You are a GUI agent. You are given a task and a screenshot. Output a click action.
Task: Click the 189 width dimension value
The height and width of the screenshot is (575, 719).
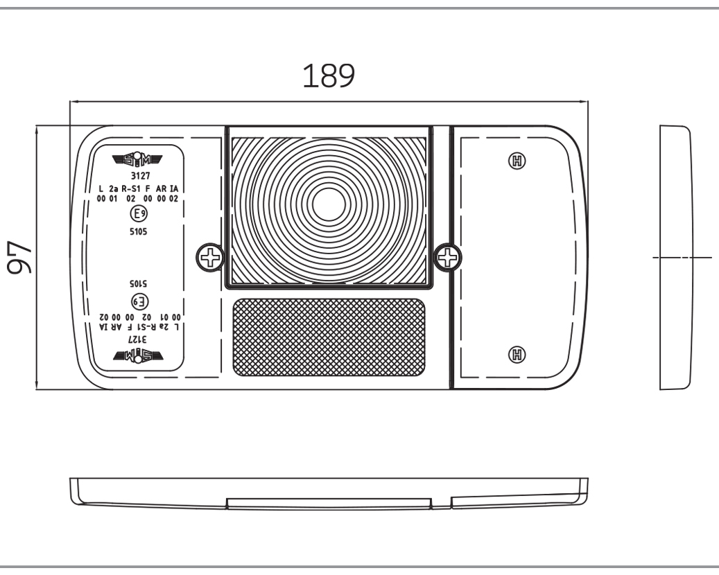(329, 77)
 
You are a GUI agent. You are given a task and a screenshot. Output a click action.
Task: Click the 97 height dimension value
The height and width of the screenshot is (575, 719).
(19, 257)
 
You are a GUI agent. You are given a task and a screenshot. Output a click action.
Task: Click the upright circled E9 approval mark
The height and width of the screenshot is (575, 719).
(138, 214)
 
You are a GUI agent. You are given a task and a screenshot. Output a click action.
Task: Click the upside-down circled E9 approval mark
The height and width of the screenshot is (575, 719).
(138, 301)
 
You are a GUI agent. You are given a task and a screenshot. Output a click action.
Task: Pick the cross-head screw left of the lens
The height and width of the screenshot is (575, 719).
(209, 258)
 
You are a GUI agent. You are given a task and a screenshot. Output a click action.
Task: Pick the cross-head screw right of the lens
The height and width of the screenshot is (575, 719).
(448, 258)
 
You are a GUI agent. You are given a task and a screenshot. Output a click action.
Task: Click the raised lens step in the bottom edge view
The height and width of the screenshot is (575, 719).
(329, 504)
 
